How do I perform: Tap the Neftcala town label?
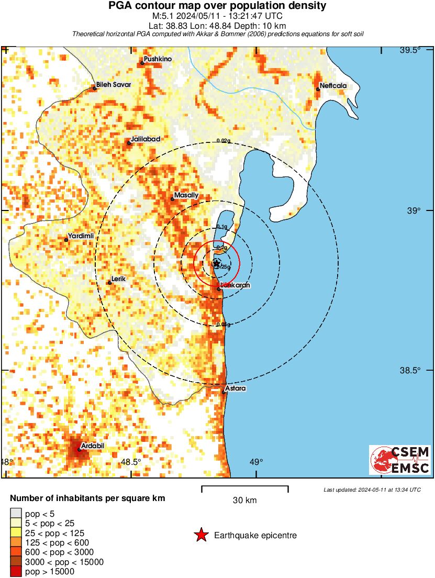point(333,86)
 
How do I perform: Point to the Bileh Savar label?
point(114,84)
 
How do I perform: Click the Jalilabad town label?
point(146,139)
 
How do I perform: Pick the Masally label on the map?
point(186,195)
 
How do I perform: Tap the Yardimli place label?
point(82,236)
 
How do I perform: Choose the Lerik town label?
point(119,279)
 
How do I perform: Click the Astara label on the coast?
point(236,388)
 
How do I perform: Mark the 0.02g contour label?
point(224,141)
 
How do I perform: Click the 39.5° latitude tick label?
point(410,50)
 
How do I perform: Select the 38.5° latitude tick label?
point(410,370)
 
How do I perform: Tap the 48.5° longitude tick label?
point(131,462)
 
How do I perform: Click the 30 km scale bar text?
point(244,500)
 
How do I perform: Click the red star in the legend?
point(200,535)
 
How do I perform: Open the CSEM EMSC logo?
point(400,460)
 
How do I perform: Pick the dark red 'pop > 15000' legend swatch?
point(16,572)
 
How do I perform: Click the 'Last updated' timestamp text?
point(372,490)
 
